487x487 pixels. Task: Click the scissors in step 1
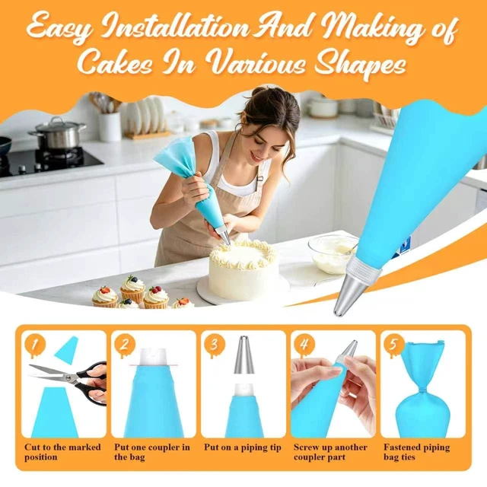(x=69, y=381)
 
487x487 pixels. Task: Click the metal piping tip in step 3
(x=243, y=355)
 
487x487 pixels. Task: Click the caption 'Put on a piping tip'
(x=243, y=447)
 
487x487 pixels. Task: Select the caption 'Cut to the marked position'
(x=62, y=452)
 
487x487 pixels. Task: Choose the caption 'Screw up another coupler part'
(x=330, y=452)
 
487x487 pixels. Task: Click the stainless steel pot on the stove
(x=58, y=134)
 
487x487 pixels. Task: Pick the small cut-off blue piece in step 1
(x=66, y=347)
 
